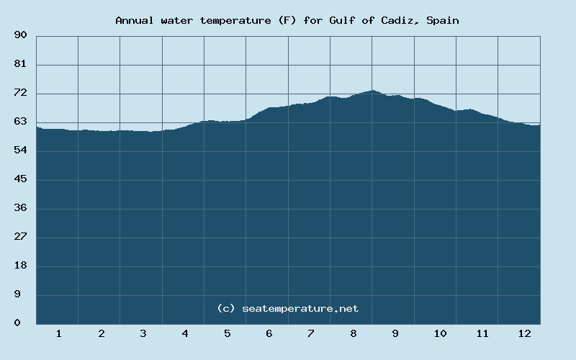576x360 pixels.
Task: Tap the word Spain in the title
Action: click(x=442, y=20)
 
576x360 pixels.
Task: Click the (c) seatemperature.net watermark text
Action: click(x=288, y=308)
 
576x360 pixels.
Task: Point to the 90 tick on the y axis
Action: click(x=20, y=35)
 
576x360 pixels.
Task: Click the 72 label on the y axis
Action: click(x=20, y=93)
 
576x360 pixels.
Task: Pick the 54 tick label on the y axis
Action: click(x=20, y=150)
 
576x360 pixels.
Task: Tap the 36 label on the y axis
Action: click(x=20, y=208)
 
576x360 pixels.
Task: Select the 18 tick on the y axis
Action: click(x=20, y=266)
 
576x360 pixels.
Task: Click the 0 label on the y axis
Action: click(x=17, y=323)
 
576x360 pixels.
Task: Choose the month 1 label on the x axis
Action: click(x=58, y=333)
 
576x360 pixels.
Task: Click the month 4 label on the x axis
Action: click(x=185, y=333)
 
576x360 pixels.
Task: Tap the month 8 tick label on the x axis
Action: click(x=353, y=333)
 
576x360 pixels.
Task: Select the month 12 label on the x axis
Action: click(x=524, y=333)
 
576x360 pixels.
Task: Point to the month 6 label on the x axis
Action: click(x=269, y=333)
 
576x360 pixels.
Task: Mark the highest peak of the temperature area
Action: click(x=372, y=91)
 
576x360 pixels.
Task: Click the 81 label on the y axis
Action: click(x=20, y=64)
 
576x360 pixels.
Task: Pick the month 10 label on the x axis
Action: click(x=440, y=333)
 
